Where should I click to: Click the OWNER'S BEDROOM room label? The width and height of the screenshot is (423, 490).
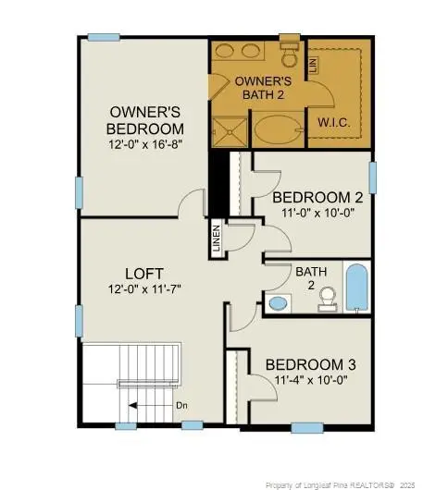[x=145, y=120]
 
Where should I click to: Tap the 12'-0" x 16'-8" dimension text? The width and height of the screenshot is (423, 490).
[x=145, y=144]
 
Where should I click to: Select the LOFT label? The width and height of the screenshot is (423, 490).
[x=144, y=274]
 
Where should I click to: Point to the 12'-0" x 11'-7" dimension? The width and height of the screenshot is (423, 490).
[x=144, y=288]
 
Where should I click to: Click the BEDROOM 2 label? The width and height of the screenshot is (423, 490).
[x=317, y=197]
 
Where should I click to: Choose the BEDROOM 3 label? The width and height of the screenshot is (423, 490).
[x=311, y=364]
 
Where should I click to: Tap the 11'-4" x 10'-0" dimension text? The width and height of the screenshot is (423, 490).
[x=310, y=379]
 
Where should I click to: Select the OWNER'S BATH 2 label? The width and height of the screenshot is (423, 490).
[x=258, y=89]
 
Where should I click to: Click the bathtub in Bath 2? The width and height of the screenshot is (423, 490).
[x=356, y=288]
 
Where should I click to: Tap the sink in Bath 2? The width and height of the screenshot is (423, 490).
[x=278, y=302]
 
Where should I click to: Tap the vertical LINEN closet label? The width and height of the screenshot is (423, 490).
[x=216, y=239]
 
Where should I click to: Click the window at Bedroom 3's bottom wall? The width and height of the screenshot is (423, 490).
[x=306, y=427]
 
